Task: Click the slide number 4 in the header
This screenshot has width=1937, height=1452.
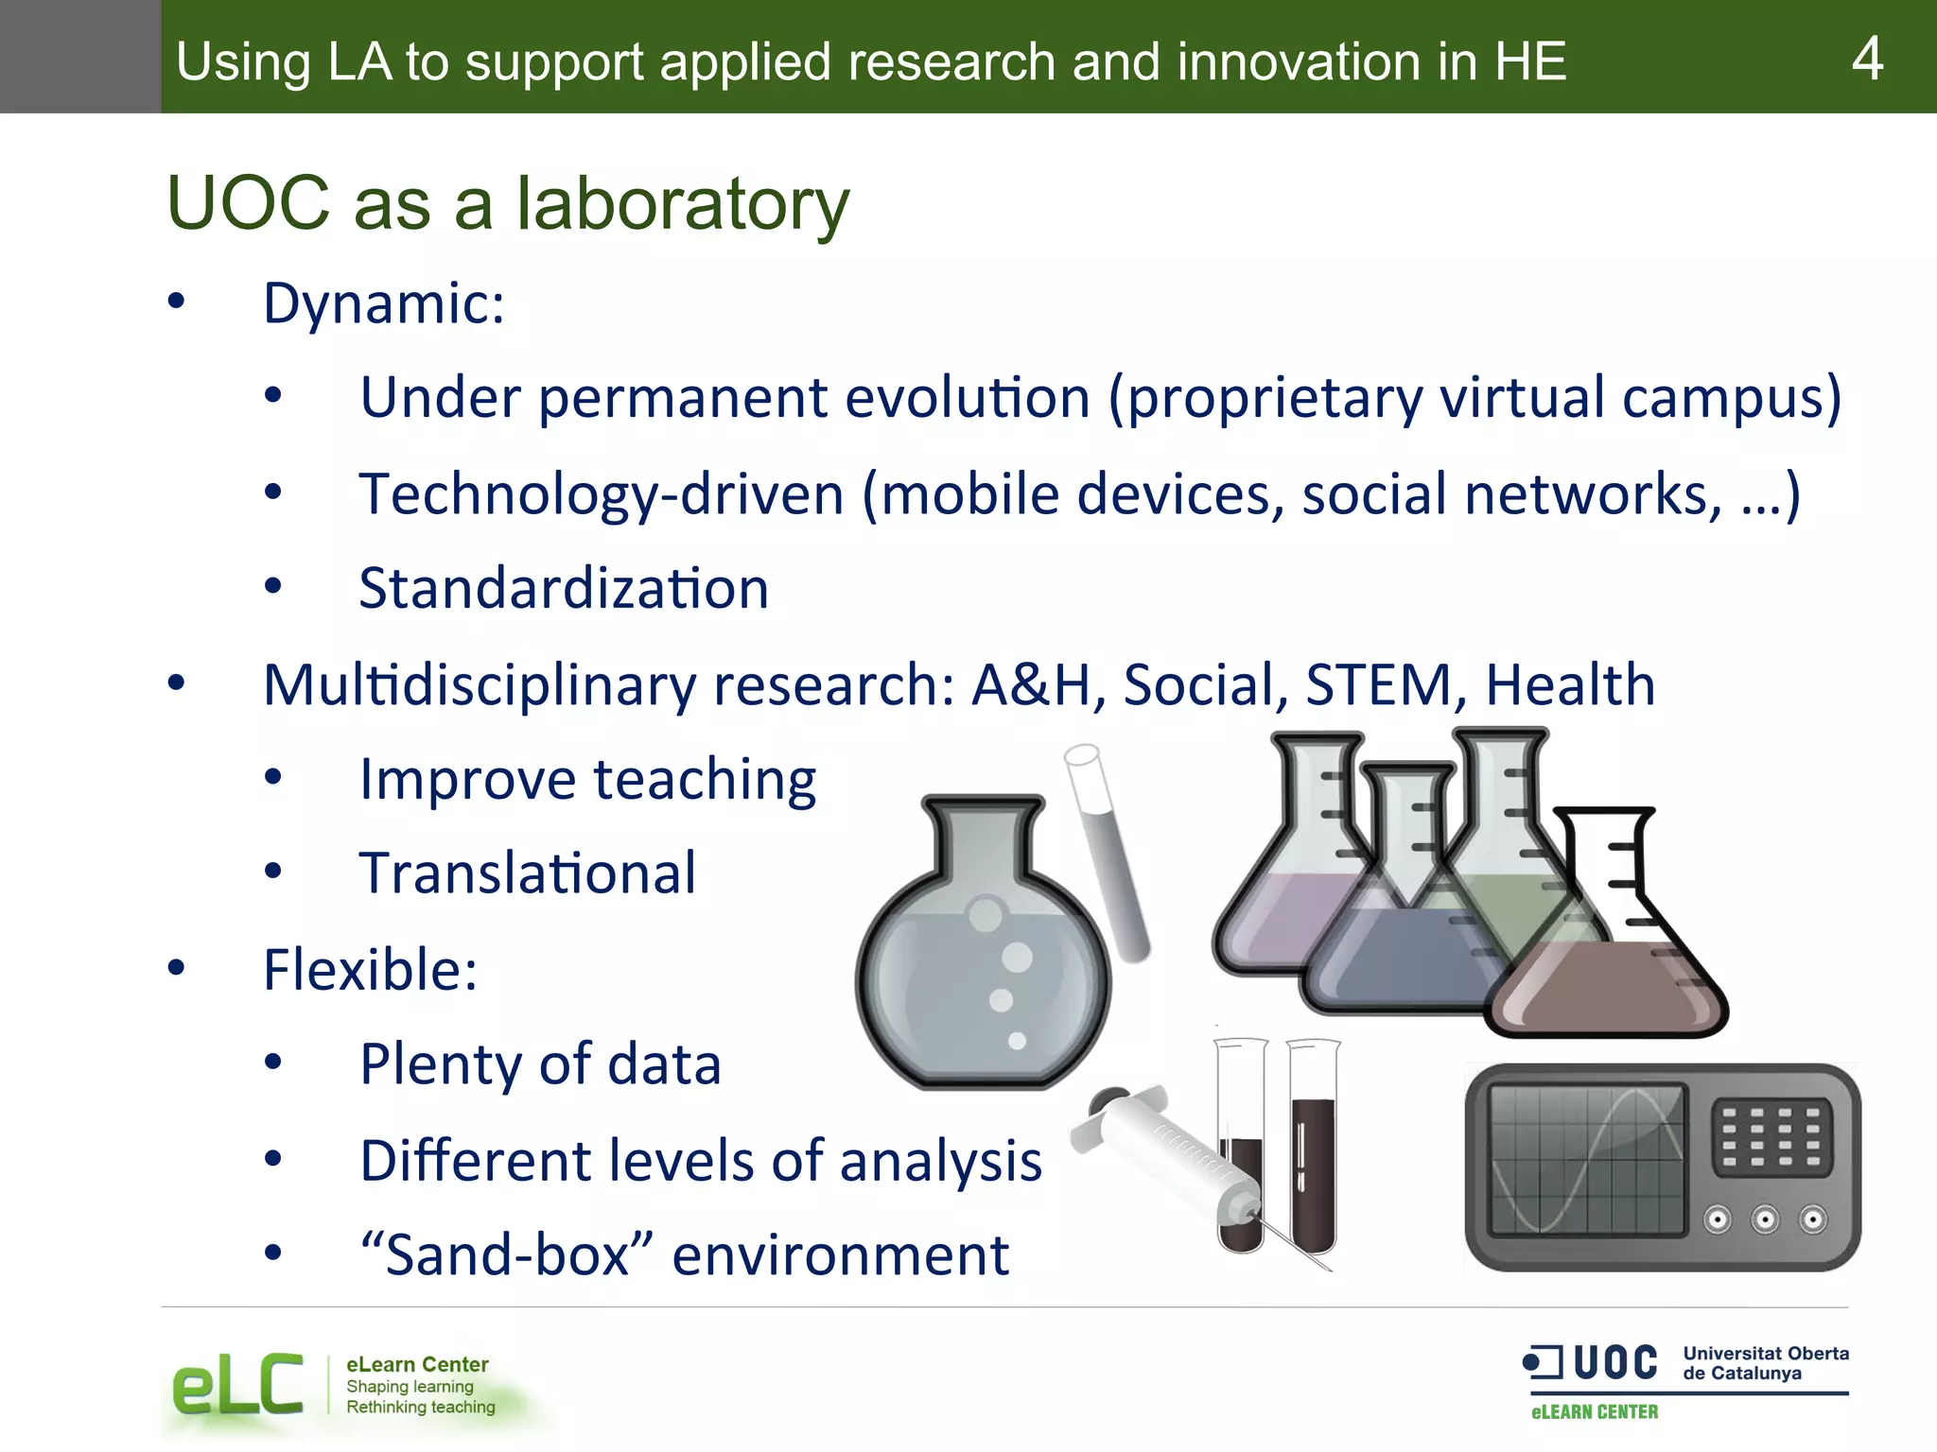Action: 1866,59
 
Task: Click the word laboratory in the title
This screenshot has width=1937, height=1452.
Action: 682,204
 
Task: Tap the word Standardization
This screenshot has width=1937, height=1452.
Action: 564,588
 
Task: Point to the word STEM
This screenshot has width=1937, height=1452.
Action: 1378,684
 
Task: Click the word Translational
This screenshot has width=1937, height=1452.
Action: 528,873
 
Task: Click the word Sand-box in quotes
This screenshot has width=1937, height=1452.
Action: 506,1255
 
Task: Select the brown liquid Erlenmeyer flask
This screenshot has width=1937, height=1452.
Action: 1608,983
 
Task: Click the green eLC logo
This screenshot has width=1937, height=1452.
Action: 237,1386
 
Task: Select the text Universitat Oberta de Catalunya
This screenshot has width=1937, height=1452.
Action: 1765,1363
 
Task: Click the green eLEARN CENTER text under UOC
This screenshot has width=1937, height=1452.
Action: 1595,1412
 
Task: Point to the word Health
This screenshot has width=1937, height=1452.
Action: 1570,684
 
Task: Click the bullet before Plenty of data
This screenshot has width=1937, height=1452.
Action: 273,1063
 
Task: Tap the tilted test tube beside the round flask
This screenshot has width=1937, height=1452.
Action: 1107,851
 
